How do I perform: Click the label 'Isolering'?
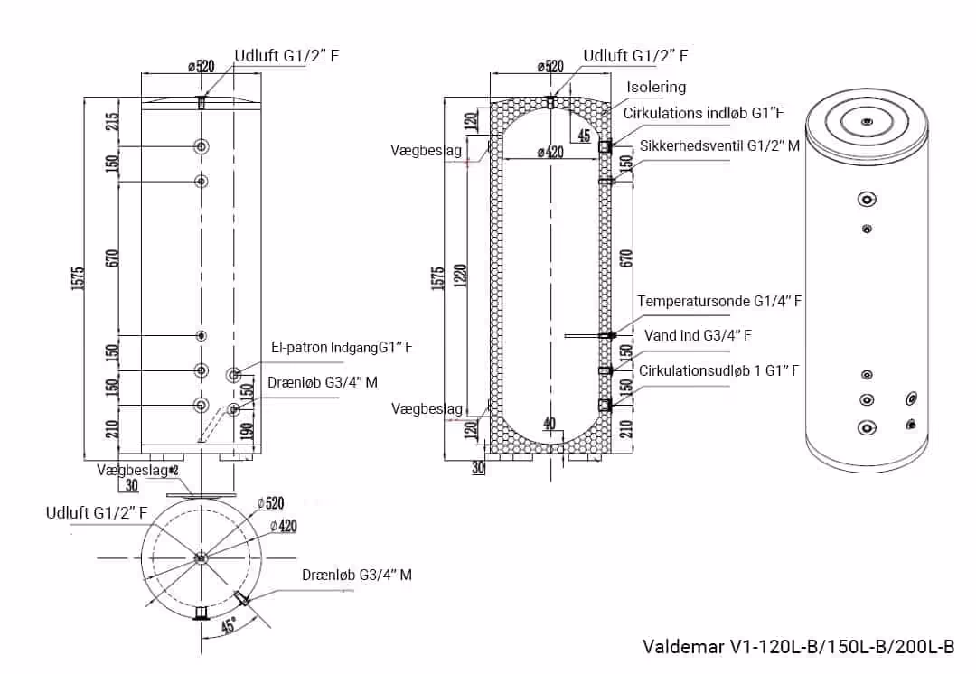656,88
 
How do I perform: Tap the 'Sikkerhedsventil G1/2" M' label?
719,145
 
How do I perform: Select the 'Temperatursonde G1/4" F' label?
719,302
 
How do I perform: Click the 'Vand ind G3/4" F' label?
698,336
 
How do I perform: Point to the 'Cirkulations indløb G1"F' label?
703,113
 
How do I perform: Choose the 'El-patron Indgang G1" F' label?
335,347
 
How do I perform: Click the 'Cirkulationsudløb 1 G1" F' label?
719,370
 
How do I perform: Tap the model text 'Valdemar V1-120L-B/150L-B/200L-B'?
798,647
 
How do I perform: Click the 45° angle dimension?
230,624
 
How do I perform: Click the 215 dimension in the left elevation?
112,121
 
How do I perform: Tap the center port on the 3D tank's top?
867,121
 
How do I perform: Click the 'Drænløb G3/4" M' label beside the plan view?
357,575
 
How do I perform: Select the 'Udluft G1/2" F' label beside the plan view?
97,513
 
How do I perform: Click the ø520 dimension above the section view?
549,66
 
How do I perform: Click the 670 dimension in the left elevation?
112,258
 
